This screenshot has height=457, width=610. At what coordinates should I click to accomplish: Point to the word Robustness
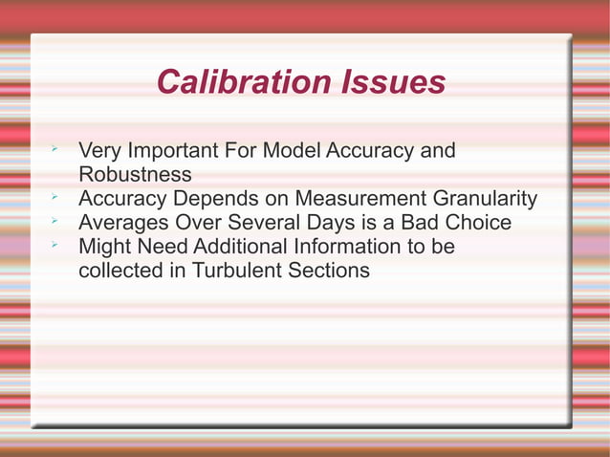[x=135, y=175]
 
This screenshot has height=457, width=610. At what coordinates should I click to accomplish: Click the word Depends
[x=247, y=199]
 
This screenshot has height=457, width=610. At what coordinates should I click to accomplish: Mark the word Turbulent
[x=237, y=271]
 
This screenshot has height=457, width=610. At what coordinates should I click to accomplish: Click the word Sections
[x=328, y=271]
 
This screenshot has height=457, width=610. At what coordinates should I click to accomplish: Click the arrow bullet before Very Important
[x=56, y=150]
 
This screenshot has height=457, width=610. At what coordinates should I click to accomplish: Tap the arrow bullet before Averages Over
[x=56, y=222]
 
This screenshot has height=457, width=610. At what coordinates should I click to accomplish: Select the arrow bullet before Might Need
[x=56, y=246]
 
